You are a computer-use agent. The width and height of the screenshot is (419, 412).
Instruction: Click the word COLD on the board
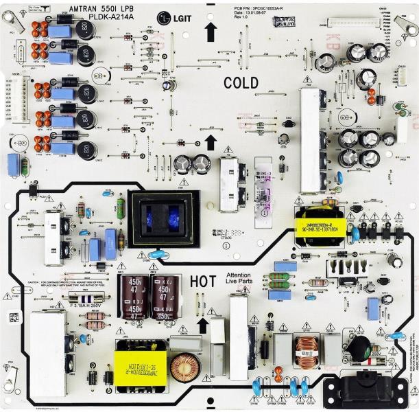click(241, 83)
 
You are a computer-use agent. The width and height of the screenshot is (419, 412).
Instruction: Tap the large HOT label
click(203, 281)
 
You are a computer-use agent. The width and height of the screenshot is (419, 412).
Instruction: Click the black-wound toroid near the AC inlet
click(360, 350)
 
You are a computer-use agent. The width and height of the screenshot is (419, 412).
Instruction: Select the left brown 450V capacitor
click(134, 297)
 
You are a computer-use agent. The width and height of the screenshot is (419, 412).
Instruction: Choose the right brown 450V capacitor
click(167, 297)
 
